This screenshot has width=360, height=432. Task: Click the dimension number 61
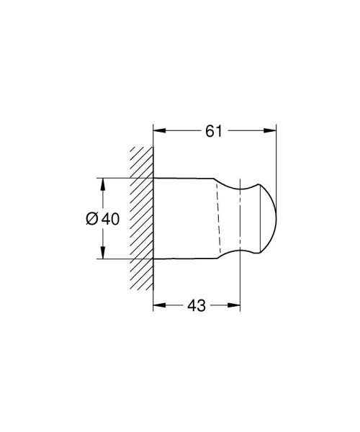[x=214, y=130]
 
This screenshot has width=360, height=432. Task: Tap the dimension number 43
[x=196, y=305]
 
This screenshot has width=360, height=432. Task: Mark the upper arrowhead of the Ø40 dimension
[x=103, y=183]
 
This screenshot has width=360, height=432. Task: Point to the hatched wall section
[x=142, y=216]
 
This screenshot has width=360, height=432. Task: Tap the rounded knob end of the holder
[x=263, y=216]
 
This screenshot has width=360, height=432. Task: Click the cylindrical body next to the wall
[x=184, y=216]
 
